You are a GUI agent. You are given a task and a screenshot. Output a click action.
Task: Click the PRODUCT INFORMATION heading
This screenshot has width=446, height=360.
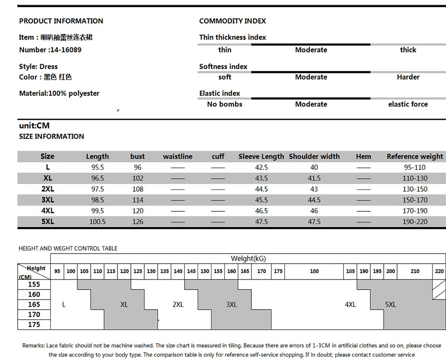pos(61,21)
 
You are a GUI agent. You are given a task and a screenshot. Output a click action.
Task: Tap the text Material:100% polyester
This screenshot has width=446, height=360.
pos(59,93)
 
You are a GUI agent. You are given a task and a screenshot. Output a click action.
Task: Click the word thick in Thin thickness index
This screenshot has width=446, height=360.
pos(408,50)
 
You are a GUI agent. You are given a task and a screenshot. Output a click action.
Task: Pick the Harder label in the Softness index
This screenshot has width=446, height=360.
pos(408,77)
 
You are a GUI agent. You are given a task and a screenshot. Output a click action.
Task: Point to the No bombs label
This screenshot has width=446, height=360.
pos(224,105)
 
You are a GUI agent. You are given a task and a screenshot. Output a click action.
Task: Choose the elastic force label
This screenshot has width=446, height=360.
pos(408,105)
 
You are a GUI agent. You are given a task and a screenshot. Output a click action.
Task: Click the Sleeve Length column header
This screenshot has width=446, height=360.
pos(261,157)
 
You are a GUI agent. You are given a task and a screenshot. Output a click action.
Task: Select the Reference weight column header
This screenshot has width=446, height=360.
pos(415,157)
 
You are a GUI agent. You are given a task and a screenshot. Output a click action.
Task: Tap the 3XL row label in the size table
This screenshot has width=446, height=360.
pos(47,200)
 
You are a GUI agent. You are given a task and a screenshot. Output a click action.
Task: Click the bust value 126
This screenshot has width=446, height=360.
pos(138,222)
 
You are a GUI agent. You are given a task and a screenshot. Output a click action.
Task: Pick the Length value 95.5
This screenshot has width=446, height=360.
pos(97,168)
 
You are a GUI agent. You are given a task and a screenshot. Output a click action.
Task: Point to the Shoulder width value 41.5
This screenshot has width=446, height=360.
pos(314,178)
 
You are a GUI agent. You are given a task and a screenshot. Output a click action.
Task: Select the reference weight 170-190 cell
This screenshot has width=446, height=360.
pos(415,211)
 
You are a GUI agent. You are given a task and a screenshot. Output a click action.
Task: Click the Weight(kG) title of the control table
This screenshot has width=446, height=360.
pos(248,259)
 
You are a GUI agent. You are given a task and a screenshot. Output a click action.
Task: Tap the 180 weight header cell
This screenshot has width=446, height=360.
pos(314,271)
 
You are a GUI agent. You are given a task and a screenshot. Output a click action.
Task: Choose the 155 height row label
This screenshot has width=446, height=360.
pos(34,285)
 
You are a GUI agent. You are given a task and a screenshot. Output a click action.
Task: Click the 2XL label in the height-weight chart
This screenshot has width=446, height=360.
pos(178,305)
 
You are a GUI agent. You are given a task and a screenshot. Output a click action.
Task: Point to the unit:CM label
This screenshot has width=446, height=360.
pos(34,126)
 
